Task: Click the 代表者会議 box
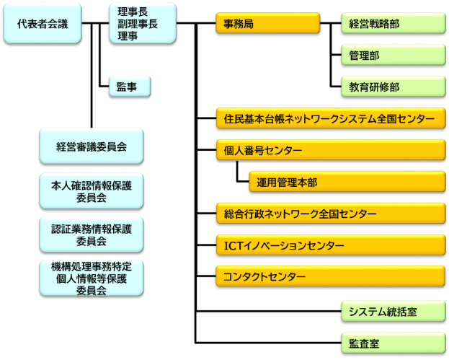coord(43,23)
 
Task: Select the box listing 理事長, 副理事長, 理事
coord(143,23)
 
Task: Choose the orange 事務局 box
coord(267,23)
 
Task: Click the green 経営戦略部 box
coord(393,23)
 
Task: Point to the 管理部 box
coord(393,55)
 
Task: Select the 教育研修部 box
coord(393,87)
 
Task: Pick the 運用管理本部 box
coord(347,183)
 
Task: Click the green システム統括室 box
coord(393,311)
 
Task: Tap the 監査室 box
coord(393,343)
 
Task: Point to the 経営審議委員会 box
coord(91,146)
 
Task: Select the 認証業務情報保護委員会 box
coord(91,234)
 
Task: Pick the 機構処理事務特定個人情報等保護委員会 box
coord(91,278)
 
